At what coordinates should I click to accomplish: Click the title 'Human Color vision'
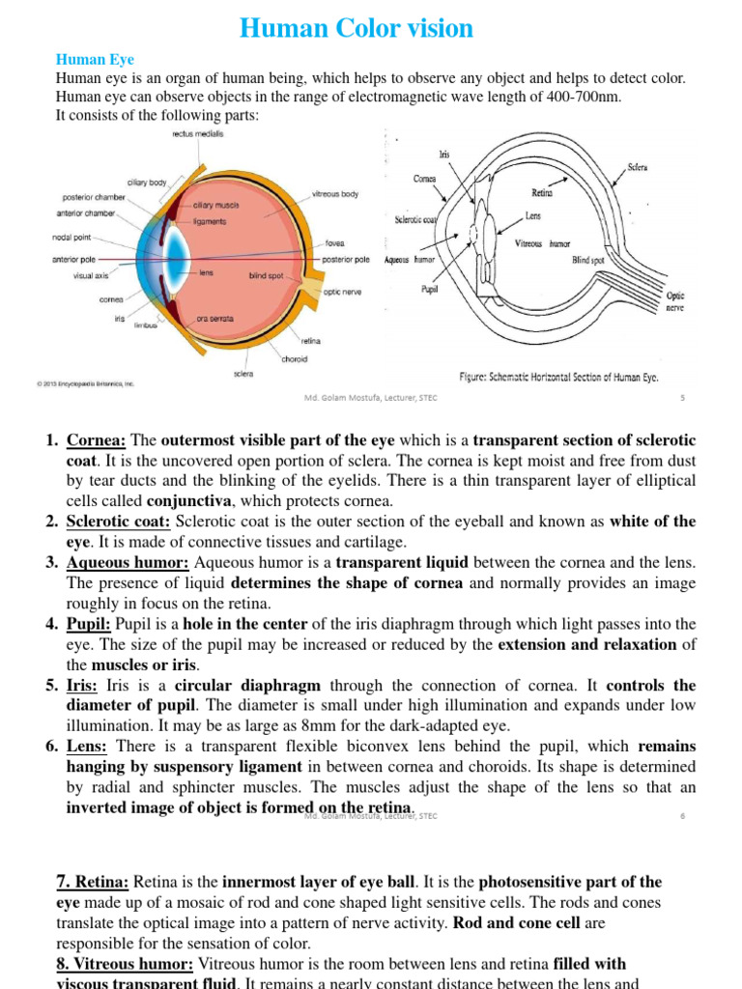[357, 29]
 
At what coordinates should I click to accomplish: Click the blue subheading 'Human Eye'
[95, 60]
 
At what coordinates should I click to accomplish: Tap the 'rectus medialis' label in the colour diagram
[197, 134]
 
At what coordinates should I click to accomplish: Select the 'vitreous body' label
[334, 194]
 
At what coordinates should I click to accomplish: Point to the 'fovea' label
[334, 243]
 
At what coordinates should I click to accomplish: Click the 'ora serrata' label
[214, 318]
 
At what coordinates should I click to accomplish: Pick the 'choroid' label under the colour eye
[294, 359]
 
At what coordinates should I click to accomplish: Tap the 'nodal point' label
[73, 237]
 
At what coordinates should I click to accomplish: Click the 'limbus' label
[146, 325]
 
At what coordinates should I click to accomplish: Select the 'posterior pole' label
[345, 259]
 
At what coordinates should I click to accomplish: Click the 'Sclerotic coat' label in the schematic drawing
[415, 219]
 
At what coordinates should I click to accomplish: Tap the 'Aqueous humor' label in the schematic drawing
[410, 260]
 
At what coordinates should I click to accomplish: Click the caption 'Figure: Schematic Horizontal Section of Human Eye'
[558, 377]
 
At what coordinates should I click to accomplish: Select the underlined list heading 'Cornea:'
[97, 440]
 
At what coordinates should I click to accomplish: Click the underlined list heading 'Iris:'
[86, 686]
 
